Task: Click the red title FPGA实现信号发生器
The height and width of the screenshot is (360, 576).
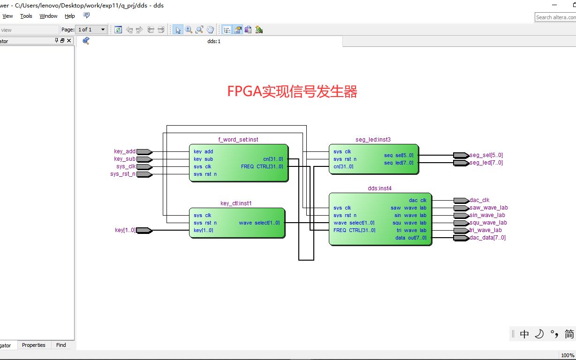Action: click(292, 91)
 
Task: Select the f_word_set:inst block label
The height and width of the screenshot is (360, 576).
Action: click(238, 139)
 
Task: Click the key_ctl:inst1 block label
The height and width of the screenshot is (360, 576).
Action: click(236, 203)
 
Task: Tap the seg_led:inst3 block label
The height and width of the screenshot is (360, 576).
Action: click(373, 139)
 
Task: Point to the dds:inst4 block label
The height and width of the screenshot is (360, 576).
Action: click(379, 188)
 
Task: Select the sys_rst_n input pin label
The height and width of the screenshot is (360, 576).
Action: click(122, 174)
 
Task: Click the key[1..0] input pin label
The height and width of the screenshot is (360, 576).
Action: click(125, 230)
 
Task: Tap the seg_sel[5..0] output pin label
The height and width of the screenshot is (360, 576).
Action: click(486, 155)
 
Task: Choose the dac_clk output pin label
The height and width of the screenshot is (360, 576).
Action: click(479, 200)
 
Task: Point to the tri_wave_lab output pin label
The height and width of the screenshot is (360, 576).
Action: click(485, 230)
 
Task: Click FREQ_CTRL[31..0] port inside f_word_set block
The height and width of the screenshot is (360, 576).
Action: click(262, 166)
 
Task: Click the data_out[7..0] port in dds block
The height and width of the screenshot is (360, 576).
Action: click(410, 238)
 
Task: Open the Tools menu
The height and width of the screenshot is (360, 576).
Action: click(26, 16)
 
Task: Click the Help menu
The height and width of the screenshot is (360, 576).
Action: click(69, 16)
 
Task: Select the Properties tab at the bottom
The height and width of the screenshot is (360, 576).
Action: click(34, 345)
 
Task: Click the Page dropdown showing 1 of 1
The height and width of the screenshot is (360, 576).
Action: click(91, 30)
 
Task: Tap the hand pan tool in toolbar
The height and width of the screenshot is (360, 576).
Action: click(210, 30)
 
